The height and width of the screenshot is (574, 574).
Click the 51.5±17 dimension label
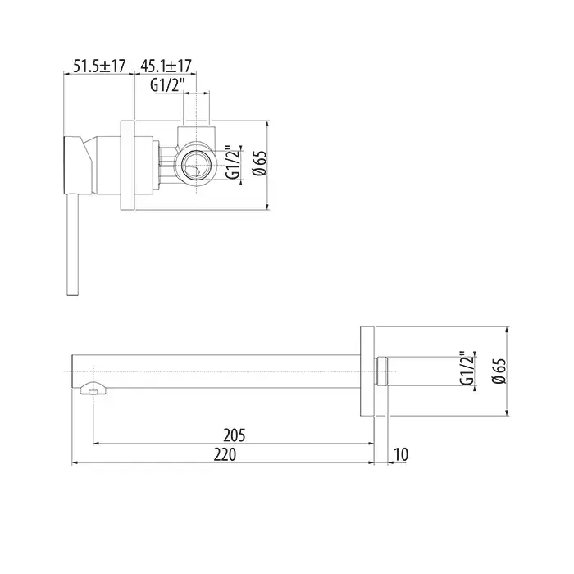point(99,66)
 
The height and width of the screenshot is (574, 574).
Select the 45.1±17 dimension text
point(166,66)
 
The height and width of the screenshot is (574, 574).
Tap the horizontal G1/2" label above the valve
point(166,86)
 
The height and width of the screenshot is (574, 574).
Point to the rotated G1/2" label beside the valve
point(233,163)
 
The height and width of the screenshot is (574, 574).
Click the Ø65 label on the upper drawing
point(261,163)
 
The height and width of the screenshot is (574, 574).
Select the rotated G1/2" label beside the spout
point(467,369)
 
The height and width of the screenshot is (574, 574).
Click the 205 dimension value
point(235,435)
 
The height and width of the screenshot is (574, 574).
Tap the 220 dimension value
point(225,454)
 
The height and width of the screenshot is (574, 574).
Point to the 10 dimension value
point(401,454)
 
